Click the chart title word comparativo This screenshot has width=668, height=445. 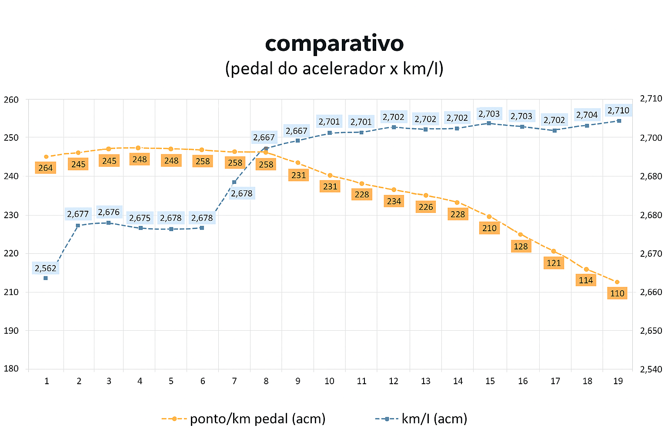(x=334, y=43)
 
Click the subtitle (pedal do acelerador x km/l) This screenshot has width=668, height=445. (x=334, y=69)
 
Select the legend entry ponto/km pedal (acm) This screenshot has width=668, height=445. (x=257, y=419)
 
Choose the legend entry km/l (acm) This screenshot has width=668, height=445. (x=434, y=419)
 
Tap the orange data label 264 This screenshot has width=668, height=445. (x=45, y=168)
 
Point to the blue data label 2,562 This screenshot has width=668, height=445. (x=45, y=268)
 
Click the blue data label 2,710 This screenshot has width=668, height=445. (x=618, y=110)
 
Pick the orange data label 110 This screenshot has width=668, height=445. (x=617, y=293)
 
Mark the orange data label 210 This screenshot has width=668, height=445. (x=489, y=228)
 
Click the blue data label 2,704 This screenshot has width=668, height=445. (x=587, y=115)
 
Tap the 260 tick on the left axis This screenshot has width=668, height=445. (x=11, y=100)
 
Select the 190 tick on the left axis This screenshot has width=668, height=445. (x=11, y=330)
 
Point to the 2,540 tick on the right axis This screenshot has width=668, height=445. (x=651, y=369)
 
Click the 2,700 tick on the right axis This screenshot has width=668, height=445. (x=651, y=138)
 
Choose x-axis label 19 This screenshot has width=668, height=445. (x=618, y=381)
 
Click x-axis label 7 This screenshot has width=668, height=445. (x=234, y=381)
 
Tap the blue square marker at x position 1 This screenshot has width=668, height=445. (x=46, y=278)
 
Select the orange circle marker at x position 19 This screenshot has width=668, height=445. (x=617, y=282)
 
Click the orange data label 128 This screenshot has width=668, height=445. (x=521, y=246)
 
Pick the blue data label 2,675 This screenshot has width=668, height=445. (x=140, y=218)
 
